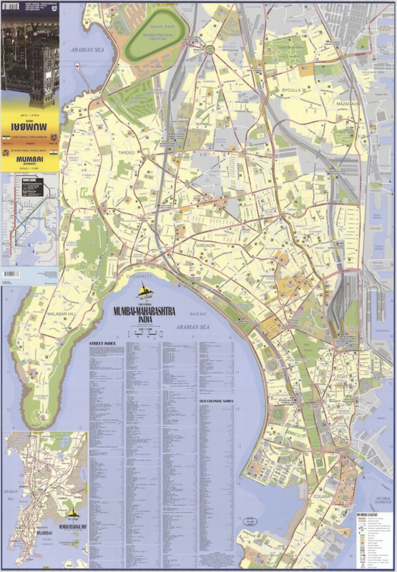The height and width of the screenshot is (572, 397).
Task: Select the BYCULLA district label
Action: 291,92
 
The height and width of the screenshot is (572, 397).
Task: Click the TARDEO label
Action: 127,152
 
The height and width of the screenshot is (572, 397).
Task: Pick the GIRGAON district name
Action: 205,245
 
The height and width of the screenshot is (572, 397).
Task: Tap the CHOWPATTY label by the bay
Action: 139,276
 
